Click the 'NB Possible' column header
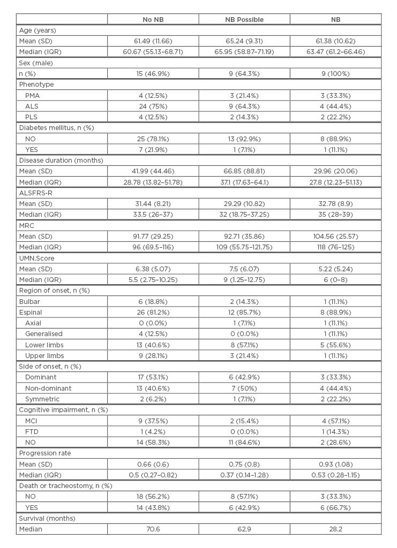click(x=244, y=20)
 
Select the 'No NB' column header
click(x=153, y=20)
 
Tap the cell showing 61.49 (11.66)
click(x=153, y=41)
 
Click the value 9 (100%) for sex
click(x=335, y=73)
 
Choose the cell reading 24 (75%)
click(x=153, y=106)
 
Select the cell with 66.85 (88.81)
click(x=244, y=171)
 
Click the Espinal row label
click(x=31, y=313)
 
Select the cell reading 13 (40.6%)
click(x=153, y=345)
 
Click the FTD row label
click(x=31, y=431)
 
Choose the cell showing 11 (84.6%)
click(x=244, y=443)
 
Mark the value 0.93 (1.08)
click(x=335, y=464)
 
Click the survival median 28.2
click(x=335, y=529)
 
